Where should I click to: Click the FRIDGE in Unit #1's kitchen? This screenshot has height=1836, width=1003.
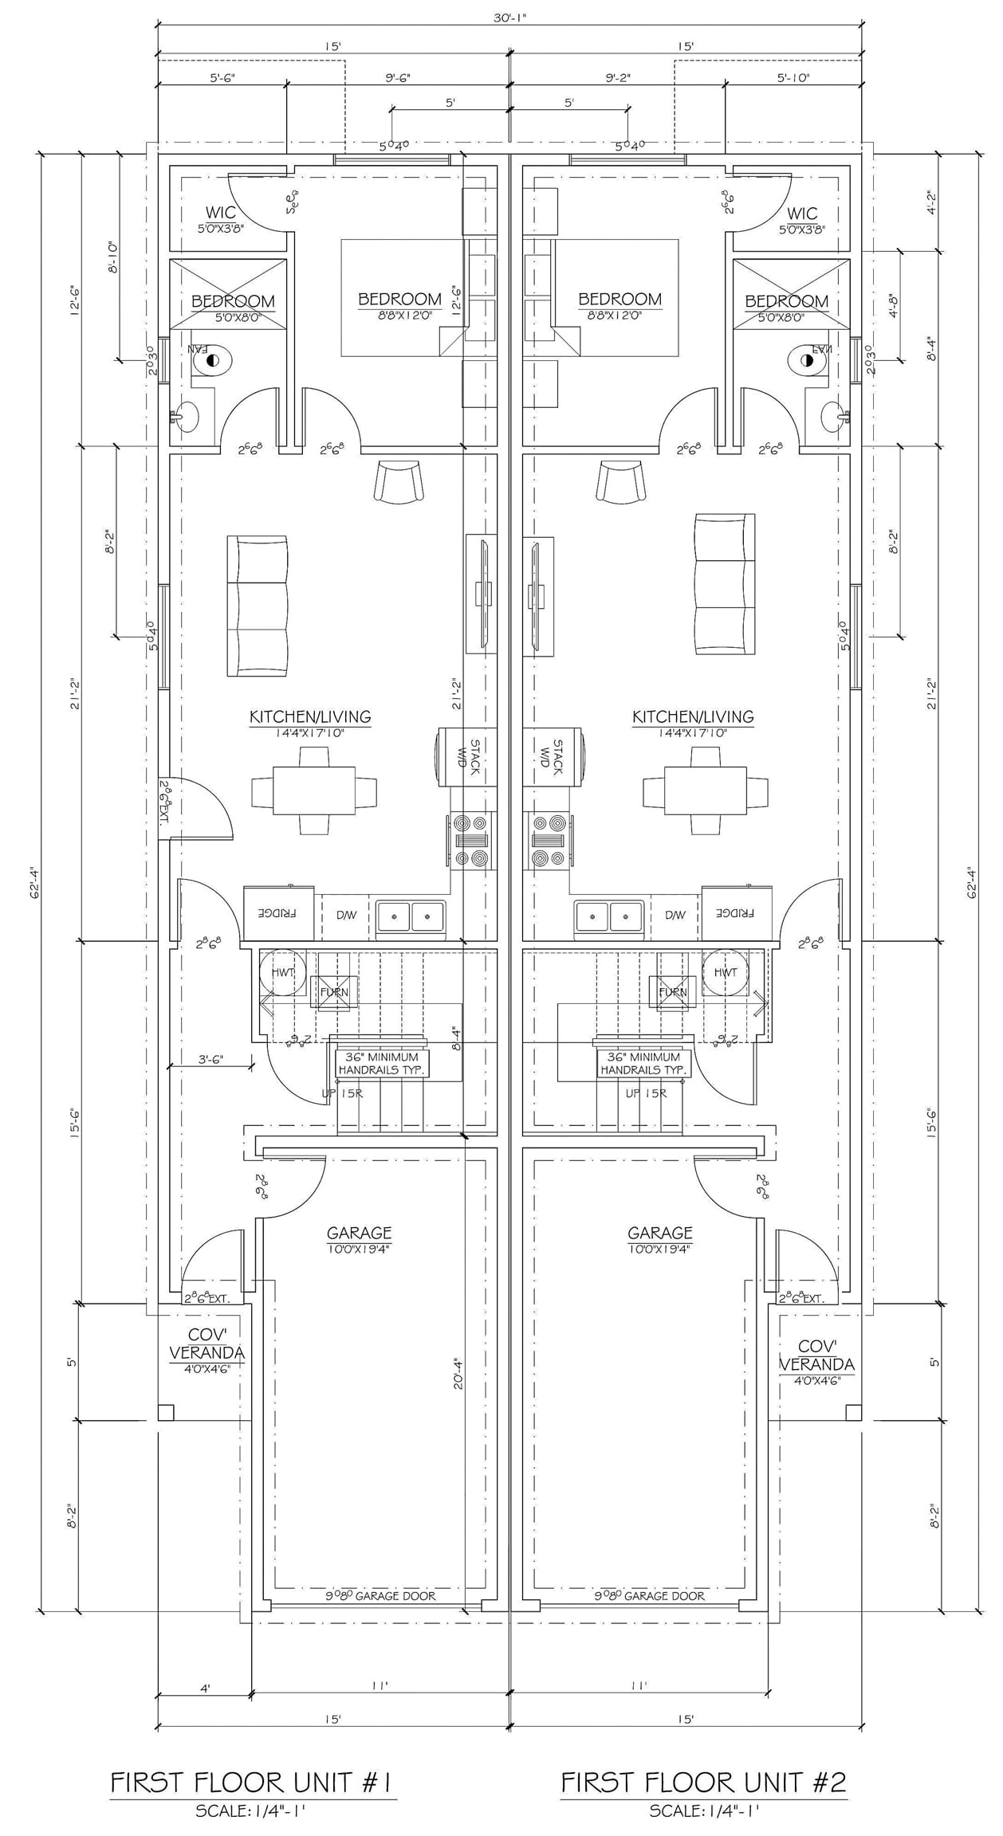277,913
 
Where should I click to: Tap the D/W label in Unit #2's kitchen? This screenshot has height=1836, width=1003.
675,915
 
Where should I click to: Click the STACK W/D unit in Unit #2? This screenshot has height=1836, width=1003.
552,757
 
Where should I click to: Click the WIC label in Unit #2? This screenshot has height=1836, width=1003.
801,214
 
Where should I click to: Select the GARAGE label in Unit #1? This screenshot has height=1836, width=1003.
359,1233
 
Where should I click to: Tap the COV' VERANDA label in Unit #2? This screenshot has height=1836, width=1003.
816,1355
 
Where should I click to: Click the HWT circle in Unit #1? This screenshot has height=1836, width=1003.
282,972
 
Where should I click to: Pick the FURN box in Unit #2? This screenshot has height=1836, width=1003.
672,992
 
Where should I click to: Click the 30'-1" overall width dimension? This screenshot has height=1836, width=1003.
509,18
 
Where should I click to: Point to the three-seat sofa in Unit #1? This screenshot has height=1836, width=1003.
257,606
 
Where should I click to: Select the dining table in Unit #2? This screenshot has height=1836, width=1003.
706,790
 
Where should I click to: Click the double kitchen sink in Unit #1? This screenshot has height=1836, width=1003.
411,916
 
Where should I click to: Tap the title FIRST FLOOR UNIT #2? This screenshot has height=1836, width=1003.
703,1783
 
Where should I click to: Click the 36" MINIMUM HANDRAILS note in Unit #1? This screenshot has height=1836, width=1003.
382,1063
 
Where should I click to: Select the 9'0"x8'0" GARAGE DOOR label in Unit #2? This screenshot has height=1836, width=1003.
649,1596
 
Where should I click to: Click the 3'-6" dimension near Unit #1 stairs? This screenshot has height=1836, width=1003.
210,1059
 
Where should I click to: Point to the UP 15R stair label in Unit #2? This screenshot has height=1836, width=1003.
646,1093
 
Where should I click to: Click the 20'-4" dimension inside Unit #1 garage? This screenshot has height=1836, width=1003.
458,1374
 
